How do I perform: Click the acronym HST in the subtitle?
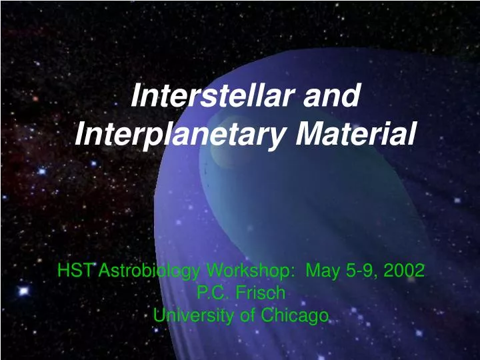[73, 271]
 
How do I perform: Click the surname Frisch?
[262, 293]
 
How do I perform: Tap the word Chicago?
[295, 315]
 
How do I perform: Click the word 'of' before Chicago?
[247, 315]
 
